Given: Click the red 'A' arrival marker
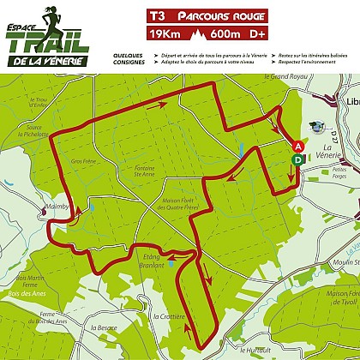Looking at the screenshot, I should pyautogui.click(x=297, y=147).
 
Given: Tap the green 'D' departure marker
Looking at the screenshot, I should pyautogui.click(x=297, y=159).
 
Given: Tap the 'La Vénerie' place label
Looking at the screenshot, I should pyautogui.click(x=326, y=153).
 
